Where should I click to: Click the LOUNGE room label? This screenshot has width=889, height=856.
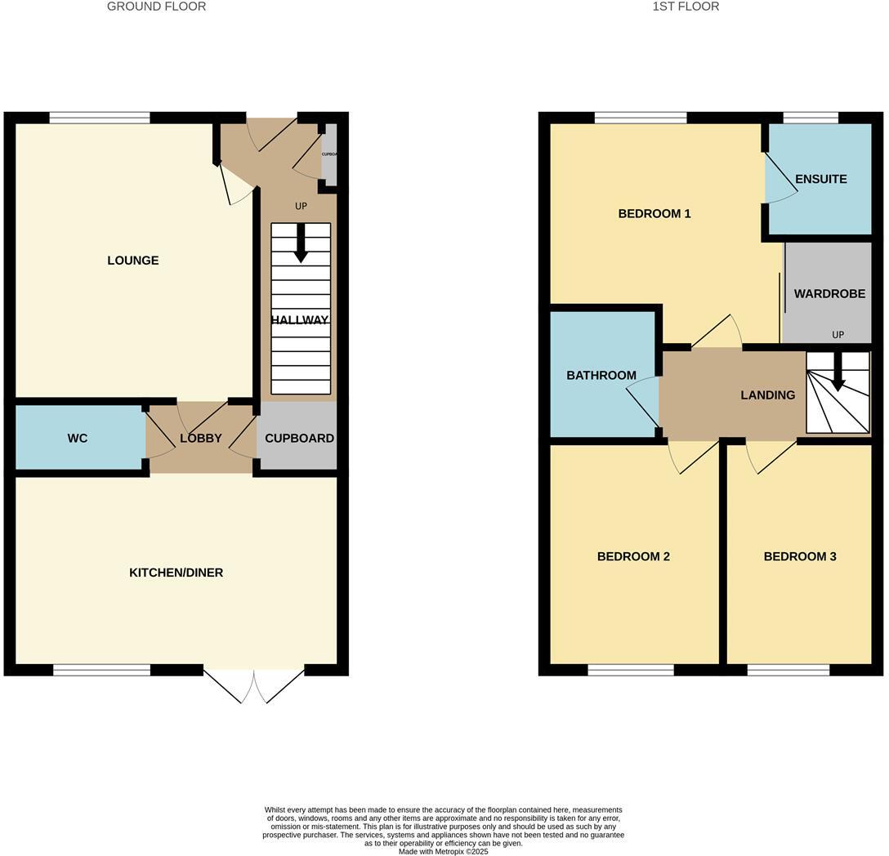[x=133, y=261]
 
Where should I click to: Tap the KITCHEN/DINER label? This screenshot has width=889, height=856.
[x=176, y=573]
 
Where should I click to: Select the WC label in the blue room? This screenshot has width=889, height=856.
[x=78, y=439]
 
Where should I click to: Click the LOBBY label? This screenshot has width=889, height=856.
[x=201, y=439]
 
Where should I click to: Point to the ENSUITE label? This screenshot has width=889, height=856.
[x=820, y=180]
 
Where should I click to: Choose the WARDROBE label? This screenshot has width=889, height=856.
[x=829, y=294]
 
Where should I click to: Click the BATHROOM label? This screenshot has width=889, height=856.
[x=601, y=376]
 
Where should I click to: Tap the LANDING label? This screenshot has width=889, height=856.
[x=767, y=395]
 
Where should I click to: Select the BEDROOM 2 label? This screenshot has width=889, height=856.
[x=633, y=557]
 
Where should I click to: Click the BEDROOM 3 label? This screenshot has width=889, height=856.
[x=799, y=557]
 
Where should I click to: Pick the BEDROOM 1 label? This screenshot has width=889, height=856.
[x=654, y=214]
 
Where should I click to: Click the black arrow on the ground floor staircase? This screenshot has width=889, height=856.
[x=301, y=243]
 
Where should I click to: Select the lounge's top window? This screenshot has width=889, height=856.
[x=100, y=118]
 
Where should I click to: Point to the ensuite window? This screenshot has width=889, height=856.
[x=811, y=118]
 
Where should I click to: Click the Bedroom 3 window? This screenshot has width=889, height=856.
[x=788, y=671]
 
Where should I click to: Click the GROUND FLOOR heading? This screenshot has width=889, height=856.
[x=156, y=7]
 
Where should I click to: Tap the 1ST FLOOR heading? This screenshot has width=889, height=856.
[x=686, y=7]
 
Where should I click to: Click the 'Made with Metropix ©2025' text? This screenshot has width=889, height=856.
[x=443, y=851]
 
